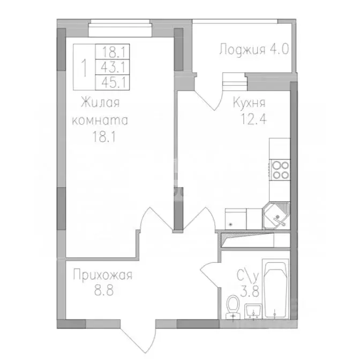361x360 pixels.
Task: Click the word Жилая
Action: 100,102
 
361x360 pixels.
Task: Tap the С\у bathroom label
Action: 249,277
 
